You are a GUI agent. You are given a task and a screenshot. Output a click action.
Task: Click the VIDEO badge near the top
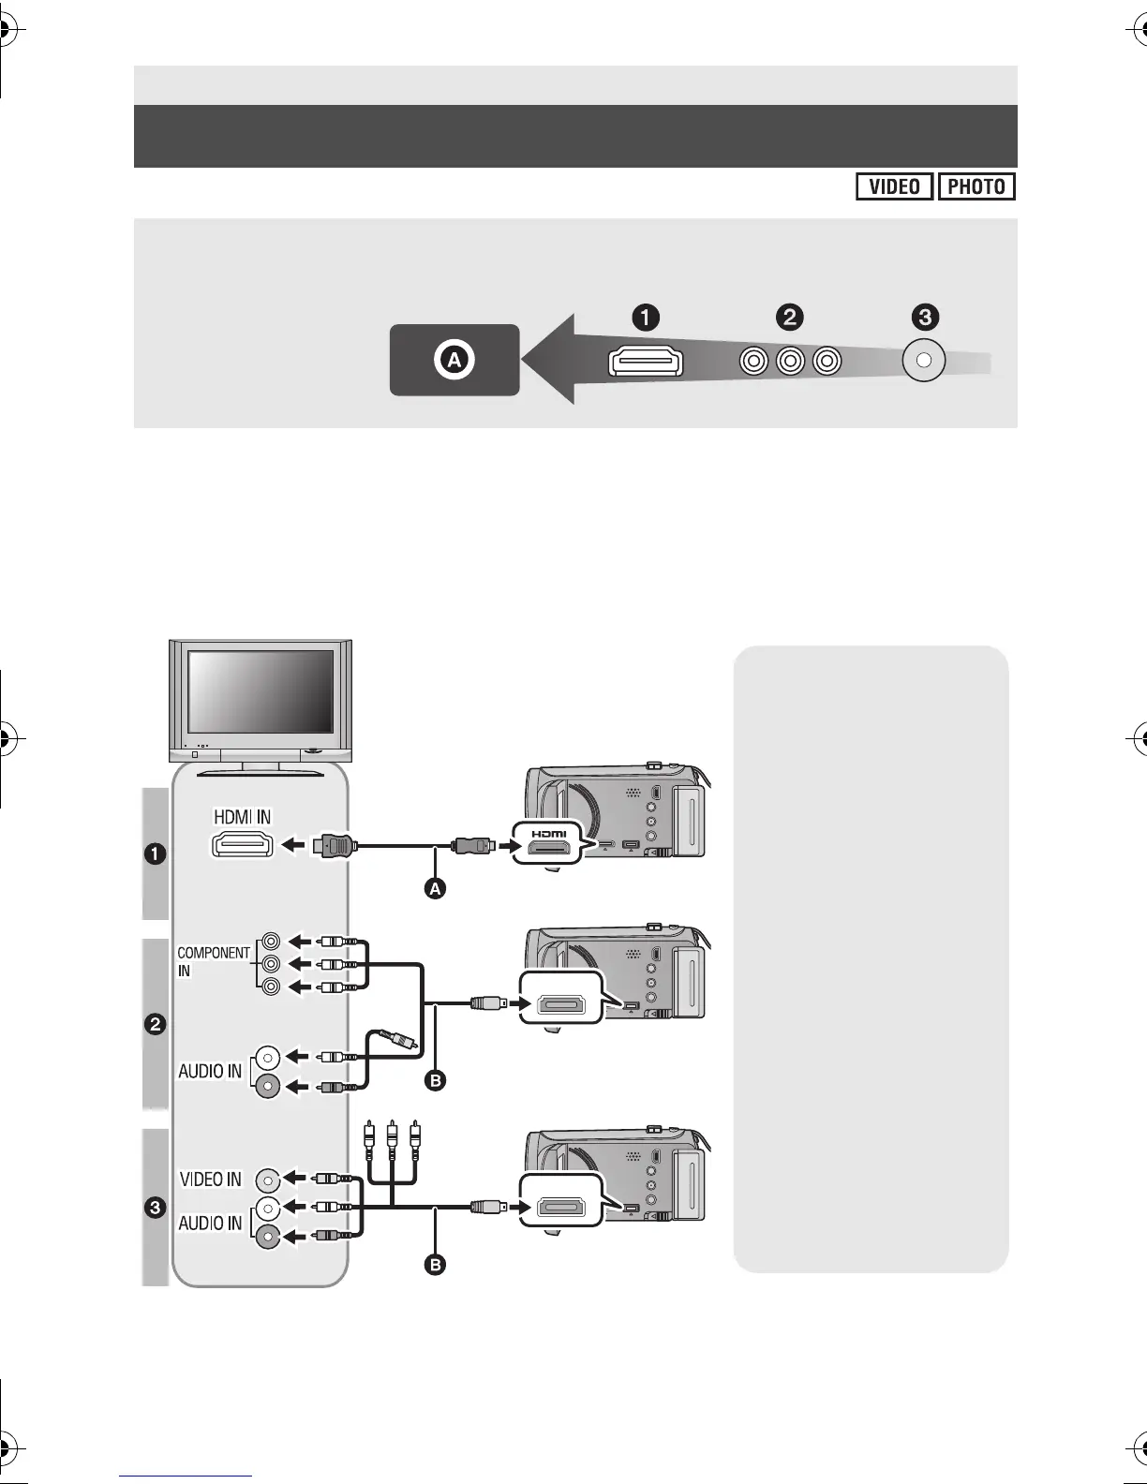[x=894, y=186]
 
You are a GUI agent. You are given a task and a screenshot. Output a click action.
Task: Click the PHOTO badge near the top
[x=976, y=186]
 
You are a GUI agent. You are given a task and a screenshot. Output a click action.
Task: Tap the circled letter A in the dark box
[x=454, y=360]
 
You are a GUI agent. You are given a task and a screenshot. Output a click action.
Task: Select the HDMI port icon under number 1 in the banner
[x=646, y=362]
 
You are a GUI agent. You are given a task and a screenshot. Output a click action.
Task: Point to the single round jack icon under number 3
[x=923, y=361]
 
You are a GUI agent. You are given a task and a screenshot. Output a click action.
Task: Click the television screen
[x=261, y=691]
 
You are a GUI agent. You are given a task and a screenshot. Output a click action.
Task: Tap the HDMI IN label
[x=242, y=817]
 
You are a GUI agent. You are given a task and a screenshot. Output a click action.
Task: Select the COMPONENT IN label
[x=213, y=961]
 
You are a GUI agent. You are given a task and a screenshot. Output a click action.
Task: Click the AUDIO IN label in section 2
[x=210, y=1071]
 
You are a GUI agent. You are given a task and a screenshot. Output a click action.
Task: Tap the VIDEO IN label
[x=210, y=1180]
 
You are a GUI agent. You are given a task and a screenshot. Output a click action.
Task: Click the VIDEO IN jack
[x=267, y=1180]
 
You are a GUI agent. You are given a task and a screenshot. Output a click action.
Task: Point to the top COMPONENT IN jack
[x=271, y=941]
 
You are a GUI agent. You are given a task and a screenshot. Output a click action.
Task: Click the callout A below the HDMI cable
[x=434, y=889]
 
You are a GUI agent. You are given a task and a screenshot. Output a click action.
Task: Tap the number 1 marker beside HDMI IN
[x=155, y=854]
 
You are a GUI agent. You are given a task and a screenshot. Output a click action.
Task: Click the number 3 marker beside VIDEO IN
[x=155, y=1208]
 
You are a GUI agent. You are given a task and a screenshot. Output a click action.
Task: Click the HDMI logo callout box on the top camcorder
[x=548, y=844]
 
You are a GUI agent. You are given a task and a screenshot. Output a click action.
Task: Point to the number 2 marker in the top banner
[x=790, y=318]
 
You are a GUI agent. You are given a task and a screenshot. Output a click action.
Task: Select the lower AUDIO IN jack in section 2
[x=267, y=1086]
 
